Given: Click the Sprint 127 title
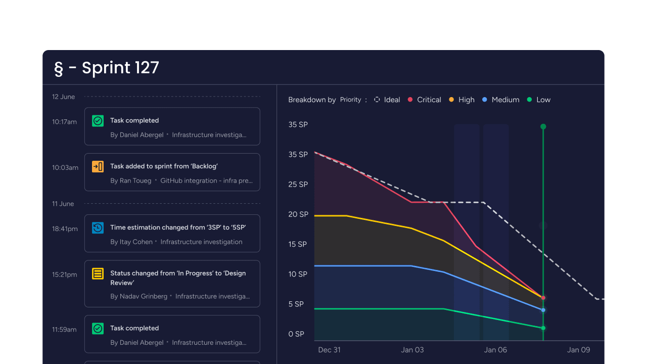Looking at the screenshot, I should point(107,68).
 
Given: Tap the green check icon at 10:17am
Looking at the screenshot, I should point(98,121).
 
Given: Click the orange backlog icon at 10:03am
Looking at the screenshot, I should point(98,166).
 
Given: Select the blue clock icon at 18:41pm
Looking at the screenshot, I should point(98,228).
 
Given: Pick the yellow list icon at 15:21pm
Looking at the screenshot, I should point(98,274).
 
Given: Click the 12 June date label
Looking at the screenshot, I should point(63,97).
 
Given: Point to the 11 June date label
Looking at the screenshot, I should point(63,204).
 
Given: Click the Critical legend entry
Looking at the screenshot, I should point(425,100).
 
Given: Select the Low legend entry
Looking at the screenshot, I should point(539,100).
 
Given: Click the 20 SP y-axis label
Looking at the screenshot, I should point(298,214).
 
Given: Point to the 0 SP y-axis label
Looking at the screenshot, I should point(296,334).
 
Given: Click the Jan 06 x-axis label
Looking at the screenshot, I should point(495,350).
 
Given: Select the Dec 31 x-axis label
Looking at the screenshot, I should point(329,350).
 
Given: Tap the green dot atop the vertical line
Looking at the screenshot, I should point(543,126).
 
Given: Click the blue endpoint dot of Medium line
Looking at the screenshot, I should point(543,310).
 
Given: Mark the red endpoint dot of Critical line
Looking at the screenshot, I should point(543,298).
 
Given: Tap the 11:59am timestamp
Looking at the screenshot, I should point(64,329).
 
